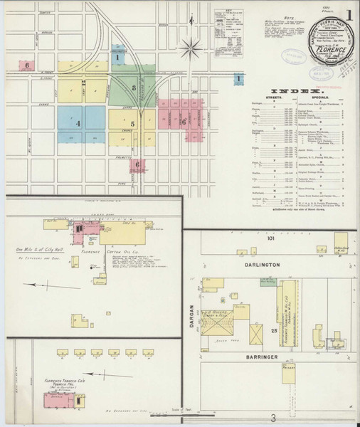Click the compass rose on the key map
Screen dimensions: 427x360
(190, 49)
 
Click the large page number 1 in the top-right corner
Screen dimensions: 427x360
(349, 14)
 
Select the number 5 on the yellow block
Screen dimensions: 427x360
(132, 124)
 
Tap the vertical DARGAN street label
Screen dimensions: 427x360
(192, 313)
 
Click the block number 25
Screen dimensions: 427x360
(273, 331)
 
